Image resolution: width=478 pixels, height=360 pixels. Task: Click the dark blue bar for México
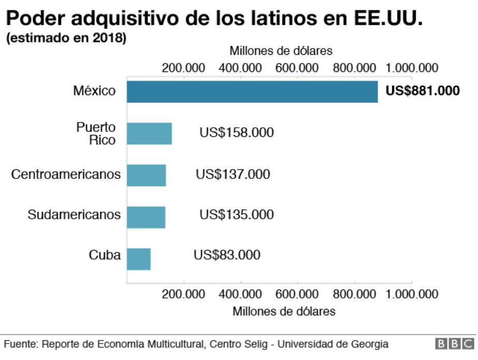coord(252,92)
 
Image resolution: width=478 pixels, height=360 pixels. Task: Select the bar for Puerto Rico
coord(149,133)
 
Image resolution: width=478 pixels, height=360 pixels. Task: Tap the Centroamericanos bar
coord(146,175)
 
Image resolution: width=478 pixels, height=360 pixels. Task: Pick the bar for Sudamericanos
coord(146,217)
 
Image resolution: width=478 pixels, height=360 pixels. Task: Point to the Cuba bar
coord(139,259)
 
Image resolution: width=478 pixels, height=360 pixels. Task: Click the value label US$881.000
coord(423,91)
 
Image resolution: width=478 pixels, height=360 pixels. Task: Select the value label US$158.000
coord(236,132)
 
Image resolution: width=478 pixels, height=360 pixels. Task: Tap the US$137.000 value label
coord(233,174)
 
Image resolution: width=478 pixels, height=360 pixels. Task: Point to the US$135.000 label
coord(236,215)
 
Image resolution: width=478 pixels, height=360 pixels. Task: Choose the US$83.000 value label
coord(227,255)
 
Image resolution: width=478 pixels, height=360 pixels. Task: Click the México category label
coord(94,91)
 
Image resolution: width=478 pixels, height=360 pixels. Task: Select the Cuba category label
coord(104,255)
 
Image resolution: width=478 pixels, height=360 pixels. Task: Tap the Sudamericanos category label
coord(74,215)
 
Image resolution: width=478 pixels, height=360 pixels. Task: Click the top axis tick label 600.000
coord(296,68)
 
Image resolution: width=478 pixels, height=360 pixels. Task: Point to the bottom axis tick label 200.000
coord(183,294)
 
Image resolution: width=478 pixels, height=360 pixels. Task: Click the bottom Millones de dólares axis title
coord(284,311)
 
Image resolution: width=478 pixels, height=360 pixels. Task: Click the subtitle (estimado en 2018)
coord(66,39)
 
